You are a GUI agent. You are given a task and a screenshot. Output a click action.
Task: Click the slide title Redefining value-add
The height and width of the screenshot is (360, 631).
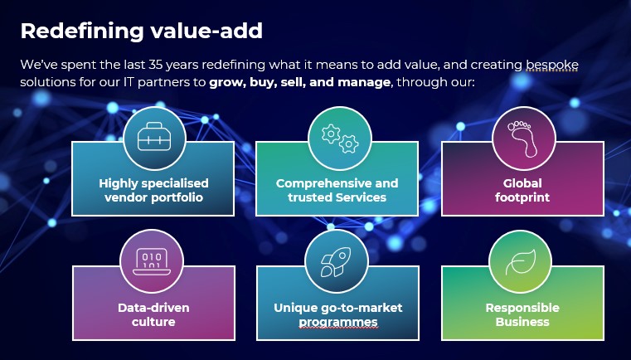141,32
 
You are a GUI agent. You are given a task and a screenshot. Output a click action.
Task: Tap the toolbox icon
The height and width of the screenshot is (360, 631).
154,137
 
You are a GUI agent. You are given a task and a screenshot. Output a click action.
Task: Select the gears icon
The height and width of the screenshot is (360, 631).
340,139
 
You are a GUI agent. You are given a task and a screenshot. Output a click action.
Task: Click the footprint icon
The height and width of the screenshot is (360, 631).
522,139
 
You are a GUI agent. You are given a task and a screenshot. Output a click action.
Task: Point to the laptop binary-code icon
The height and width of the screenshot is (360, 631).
152,262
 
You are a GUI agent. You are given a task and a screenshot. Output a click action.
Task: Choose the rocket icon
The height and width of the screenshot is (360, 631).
336,262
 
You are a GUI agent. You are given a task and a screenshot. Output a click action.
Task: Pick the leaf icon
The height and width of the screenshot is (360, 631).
521,262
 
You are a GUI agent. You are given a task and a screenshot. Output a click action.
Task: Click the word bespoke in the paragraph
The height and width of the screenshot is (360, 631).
552,66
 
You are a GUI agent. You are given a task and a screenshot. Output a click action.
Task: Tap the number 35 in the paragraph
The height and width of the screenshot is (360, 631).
155,65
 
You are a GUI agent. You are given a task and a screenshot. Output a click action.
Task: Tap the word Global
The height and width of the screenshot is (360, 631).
522,183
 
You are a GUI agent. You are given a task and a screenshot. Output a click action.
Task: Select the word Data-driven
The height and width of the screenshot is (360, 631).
153,308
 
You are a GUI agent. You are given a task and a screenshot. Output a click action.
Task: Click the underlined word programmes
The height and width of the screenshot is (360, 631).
338,322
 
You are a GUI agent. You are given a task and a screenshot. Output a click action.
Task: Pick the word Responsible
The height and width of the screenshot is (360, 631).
522,308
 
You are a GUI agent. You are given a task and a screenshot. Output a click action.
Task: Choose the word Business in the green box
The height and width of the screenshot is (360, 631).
522,322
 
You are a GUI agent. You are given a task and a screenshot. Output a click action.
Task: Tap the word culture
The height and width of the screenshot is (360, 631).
153,322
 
